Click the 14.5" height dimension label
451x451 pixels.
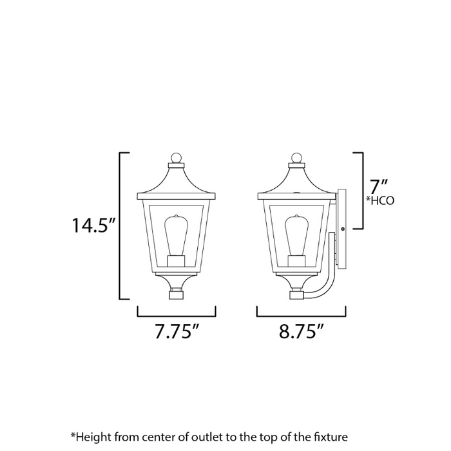click(93, 226)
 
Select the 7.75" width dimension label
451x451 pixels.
click(176, 333)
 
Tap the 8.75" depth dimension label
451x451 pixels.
click(301, 333)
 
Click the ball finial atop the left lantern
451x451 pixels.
click(177, 157)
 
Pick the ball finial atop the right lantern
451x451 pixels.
click(296, 157)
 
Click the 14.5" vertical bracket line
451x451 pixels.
click(120, 226)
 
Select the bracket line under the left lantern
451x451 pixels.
click(177, 316)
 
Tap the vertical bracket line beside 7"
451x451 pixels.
click(362, 191)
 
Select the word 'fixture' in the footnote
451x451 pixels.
click(329, 436)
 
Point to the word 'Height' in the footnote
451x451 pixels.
click(93, 436)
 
